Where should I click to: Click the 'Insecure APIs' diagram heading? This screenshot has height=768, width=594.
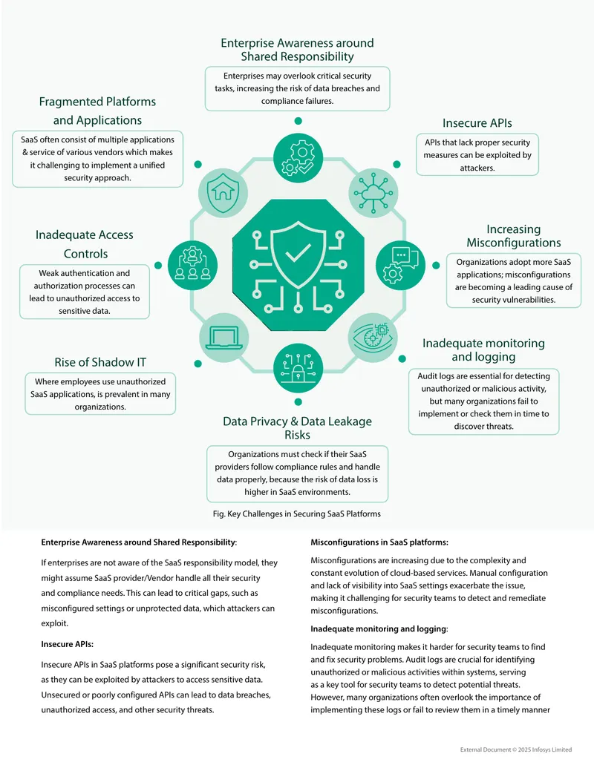click(477, 123)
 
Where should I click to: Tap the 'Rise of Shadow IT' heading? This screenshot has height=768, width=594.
click(100, 362)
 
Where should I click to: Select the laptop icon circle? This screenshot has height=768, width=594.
click(224, 338)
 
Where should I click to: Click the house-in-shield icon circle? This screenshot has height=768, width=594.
click(223, 192)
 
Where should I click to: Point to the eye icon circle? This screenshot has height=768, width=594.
click(373, 338)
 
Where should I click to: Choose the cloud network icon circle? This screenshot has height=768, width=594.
click(373, 192)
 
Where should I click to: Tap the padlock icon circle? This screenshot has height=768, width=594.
click(298, 368)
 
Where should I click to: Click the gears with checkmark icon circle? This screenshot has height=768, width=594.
click(298, 158)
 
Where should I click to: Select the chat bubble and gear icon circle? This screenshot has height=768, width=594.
click(400, 265)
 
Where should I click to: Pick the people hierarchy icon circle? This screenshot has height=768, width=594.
click(192, 265)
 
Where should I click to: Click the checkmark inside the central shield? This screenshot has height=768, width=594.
click(298, 253)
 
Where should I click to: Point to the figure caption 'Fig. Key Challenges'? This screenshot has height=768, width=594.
click(296, 513)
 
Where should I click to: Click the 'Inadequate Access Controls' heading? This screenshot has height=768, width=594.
click(85, 244)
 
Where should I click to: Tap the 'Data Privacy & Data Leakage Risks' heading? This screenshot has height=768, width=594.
click(298, 427)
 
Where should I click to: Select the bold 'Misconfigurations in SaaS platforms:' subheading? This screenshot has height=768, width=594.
click(379, 542)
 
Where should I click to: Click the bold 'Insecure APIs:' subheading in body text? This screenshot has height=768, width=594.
click(67, 644)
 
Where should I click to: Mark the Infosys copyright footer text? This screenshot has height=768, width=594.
click(515, 749)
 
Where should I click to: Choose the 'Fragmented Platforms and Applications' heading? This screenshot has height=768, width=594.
click(97, 111)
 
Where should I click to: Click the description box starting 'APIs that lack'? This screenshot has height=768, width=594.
click(477, 155)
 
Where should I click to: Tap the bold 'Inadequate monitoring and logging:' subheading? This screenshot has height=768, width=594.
click(379, 628)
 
